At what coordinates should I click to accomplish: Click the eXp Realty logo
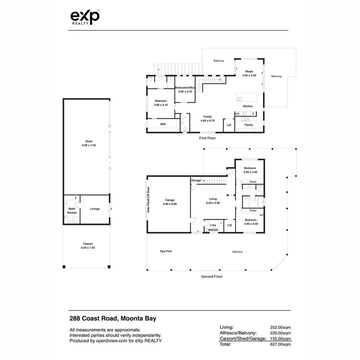point(85,17)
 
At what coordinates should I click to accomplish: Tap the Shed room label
point(89,143)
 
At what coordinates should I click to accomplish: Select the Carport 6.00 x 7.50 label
point(88,246)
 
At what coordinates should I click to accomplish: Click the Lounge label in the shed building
point(95,209)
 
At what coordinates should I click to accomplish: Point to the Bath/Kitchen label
point(72,211)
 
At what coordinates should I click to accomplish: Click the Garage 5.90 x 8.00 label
point(170,202)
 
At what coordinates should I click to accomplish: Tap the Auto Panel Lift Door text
point(149,199)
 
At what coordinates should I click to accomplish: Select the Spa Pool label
point(166,251)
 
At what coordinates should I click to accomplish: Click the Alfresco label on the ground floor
point(237,252)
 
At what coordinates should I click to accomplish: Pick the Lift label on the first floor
point(229,125)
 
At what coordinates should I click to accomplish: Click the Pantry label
point(249,125)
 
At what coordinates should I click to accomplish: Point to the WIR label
point(163,124)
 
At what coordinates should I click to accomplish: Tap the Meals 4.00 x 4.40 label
point(249,73)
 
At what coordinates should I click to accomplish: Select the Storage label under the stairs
point(196,180)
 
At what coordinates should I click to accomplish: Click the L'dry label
point(212,225)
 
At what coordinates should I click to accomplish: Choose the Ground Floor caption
point(212,277)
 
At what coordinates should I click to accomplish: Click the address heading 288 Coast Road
point(113,318)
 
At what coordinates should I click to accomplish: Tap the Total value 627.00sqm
point(280,344)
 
